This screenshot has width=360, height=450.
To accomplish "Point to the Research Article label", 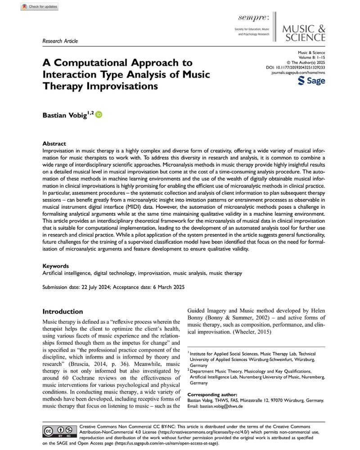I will click(60, 41).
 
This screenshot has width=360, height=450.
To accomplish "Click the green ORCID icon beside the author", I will click(99, 115).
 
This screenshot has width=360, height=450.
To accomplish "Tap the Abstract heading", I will click(54, 144).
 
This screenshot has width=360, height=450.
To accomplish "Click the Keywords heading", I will click(55, 266).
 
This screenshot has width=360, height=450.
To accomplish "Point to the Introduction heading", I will click(63, 311).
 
